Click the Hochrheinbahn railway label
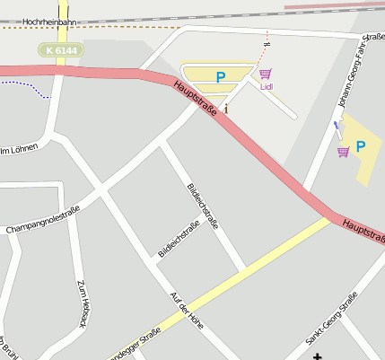pyautogui.click(x=47, y=20)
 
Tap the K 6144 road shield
pyautogui.click(x=61, y=51)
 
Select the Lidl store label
pyautogui.click(x=266, y=87)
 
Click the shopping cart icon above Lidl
pyautogui.click(x=265, y=75)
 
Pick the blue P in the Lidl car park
pyautogui.click(x=220, y=78)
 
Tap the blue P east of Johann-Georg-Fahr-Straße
pyautogui.click(x=361, y=146)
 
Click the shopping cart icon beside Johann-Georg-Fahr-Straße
pyautogui.click(x=343, y=151)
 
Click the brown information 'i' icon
pyautogui.click(x=225, y=109)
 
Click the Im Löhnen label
pyautogui.click(x=18, y=148)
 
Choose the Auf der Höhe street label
pyautogui.click(x=187, y=311)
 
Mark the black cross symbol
pyautogui.click(x=317, y=356)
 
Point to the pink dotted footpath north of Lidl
pyautogui.click(x=265, y=49)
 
